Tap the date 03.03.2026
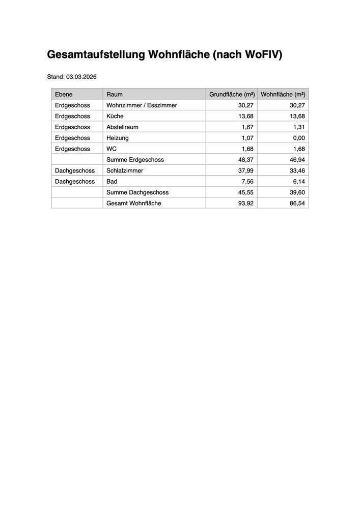click(x=81, y=77)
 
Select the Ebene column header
click(x=64, y=94)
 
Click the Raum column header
click(x=115, y=94)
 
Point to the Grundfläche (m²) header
click(x=232, y=94)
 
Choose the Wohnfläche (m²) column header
click(x=283, y=94)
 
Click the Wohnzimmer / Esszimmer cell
click(x=142, y=105)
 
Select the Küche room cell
click(x=115, y=116)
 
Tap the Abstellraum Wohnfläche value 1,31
click(x=298, y=127)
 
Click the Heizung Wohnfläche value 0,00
click(x=298, y=138)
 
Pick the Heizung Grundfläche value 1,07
click(x=247, y=138)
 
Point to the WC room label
click(x=112, y=149)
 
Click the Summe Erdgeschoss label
click(x=135, y=160)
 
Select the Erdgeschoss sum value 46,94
click(x=297, y=160)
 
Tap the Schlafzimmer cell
click(x=125, y=171)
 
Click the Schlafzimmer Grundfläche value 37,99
click(x=246, y=171)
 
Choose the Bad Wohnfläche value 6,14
click(x=298, y=182)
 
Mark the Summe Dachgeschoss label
click(x=137, y=192)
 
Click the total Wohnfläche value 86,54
click(x=297, y=203)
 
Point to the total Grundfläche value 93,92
click(x=246, y=203)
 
